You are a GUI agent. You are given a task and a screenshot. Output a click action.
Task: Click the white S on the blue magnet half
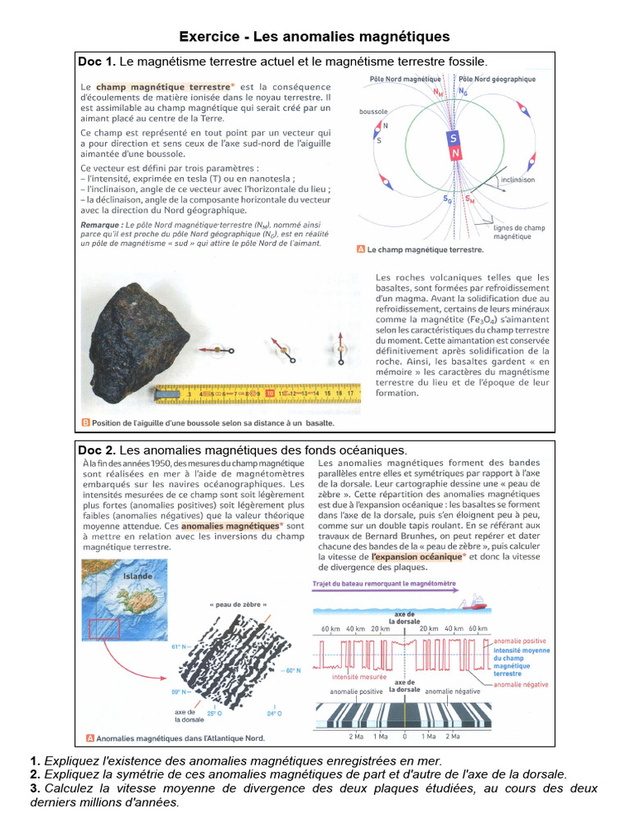(x=454, y=139)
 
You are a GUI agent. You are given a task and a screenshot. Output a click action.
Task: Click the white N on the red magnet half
(x=454, y=153)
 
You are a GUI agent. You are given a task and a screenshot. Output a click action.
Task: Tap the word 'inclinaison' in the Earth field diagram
(x=517, y=179)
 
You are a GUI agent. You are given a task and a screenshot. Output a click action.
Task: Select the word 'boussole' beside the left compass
(x=373, y=112)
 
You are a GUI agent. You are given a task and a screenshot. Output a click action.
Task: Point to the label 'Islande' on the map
(x=137, y=576)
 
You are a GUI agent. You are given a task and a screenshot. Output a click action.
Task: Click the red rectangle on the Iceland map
(x=103, y=629)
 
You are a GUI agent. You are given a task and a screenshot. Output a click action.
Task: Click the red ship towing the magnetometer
(x=473, y=604)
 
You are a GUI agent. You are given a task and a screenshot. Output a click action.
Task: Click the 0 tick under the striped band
(x=404, y=736)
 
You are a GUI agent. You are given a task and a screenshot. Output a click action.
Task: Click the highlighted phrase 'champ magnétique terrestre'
(x=163, y=86)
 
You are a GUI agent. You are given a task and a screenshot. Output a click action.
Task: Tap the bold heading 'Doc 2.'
(x=97, y=450)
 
